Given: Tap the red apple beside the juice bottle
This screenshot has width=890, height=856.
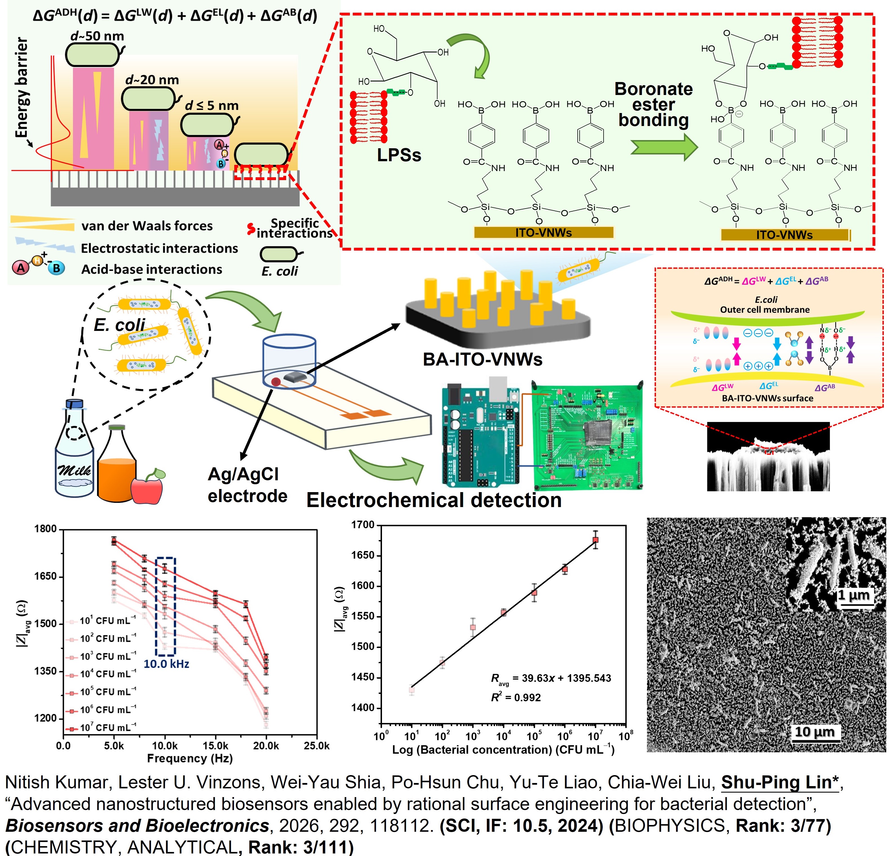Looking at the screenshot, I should [147, 488].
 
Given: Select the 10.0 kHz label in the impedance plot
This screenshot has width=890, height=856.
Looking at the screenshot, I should [166, 663].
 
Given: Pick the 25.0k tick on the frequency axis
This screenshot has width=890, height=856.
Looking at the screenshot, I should [317, 746].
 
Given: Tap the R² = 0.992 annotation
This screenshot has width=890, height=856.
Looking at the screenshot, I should [516, 698].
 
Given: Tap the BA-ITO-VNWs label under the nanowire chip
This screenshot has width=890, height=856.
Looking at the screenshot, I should [483, 359].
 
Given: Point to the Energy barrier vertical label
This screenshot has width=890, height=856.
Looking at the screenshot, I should [21, 88].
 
